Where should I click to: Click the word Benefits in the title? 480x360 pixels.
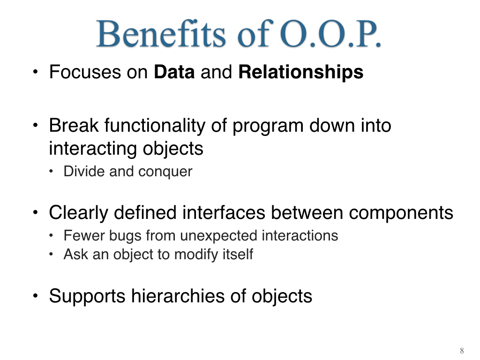(161, 34)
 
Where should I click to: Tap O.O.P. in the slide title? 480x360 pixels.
(330, 34)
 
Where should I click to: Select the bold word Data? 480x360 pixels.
(174, 72)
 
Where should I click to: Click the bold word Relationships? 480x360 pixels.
(301, 73)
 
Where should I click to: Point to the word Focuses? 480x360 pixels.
(85, 72)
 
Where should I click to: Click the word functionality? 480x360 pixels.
(155, 126)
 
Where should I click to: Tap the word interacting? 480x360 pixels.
(93, 149)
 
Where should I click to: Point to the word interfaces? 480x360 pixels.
(224, 213)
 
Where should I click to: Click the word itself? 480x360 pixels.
(238, 254)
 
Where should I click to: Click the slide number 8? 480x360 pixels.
(462, 351)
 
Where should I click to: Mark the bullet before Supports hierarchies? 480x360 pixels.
(36, 296)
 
